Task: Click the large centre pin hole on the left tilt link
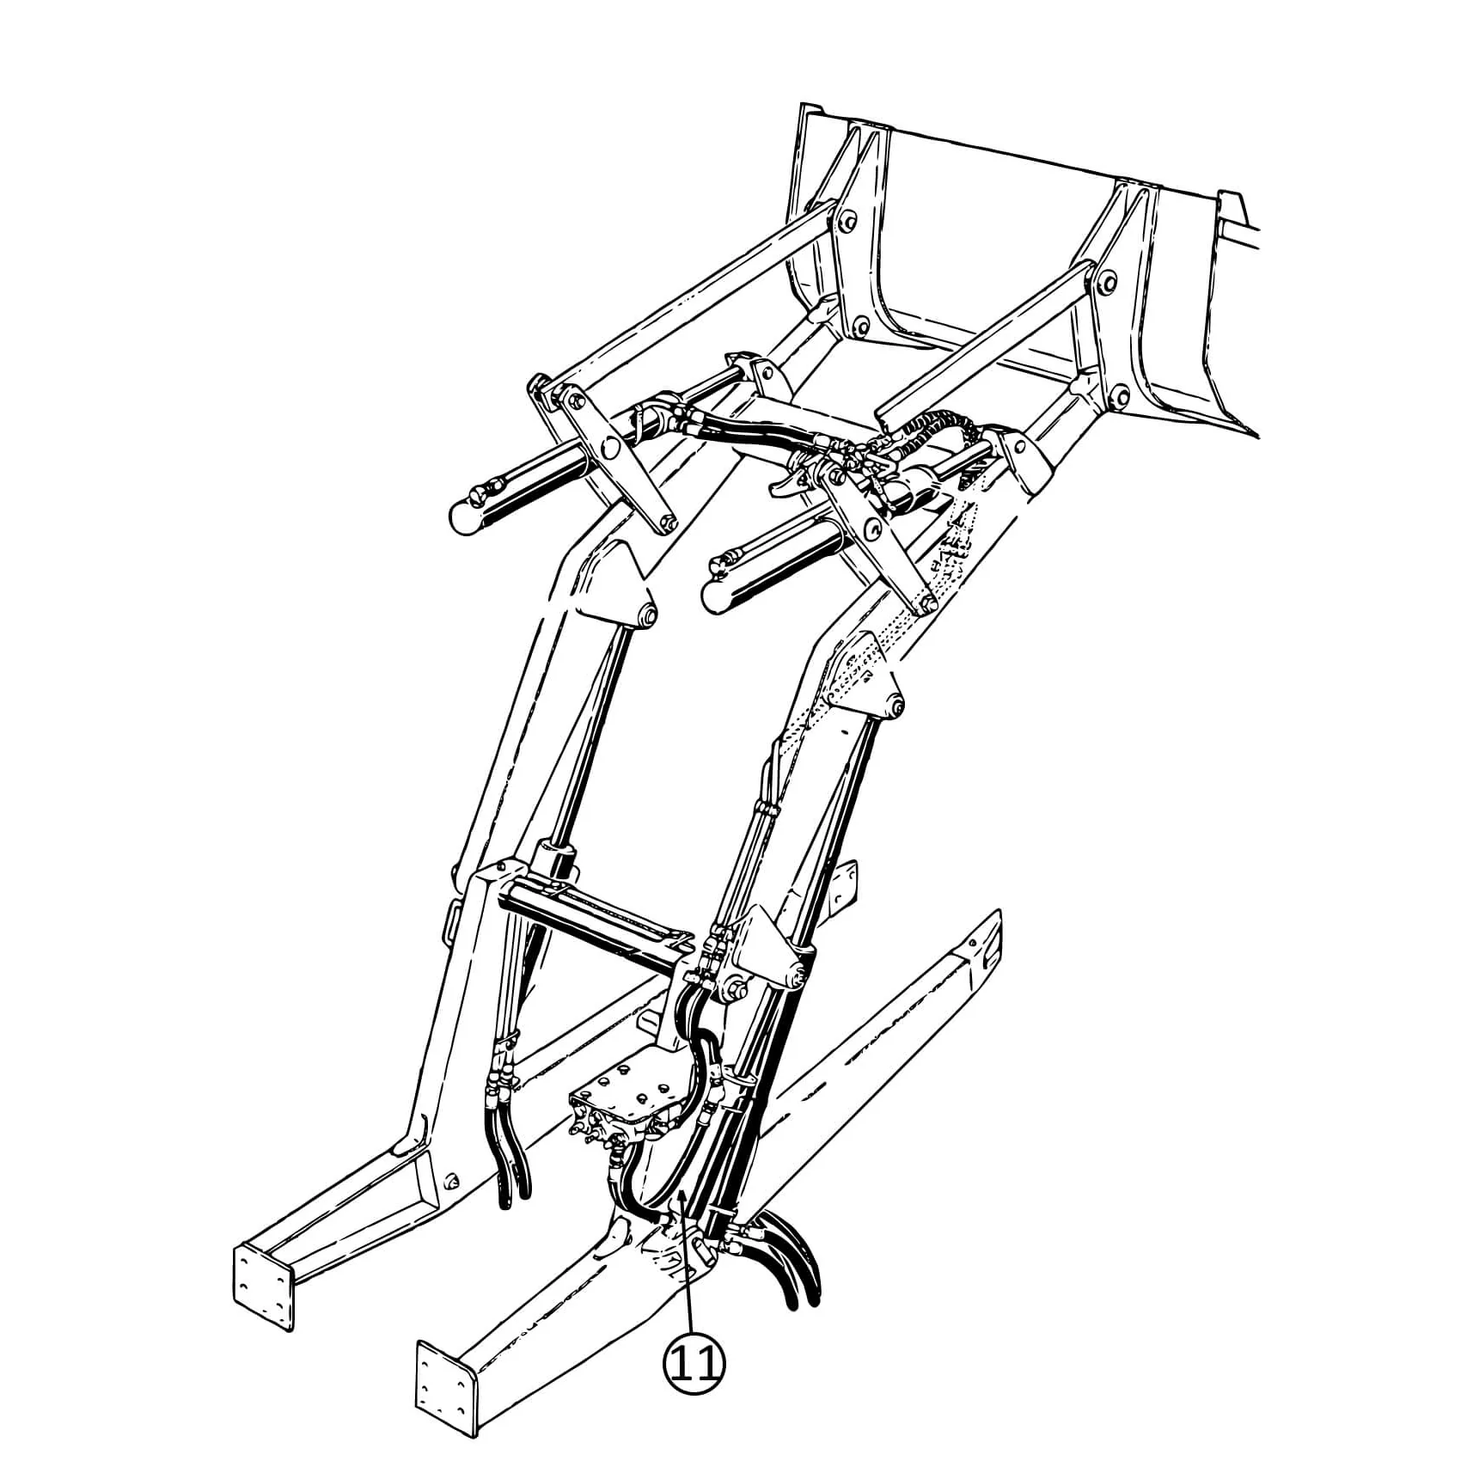(611, 448)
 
